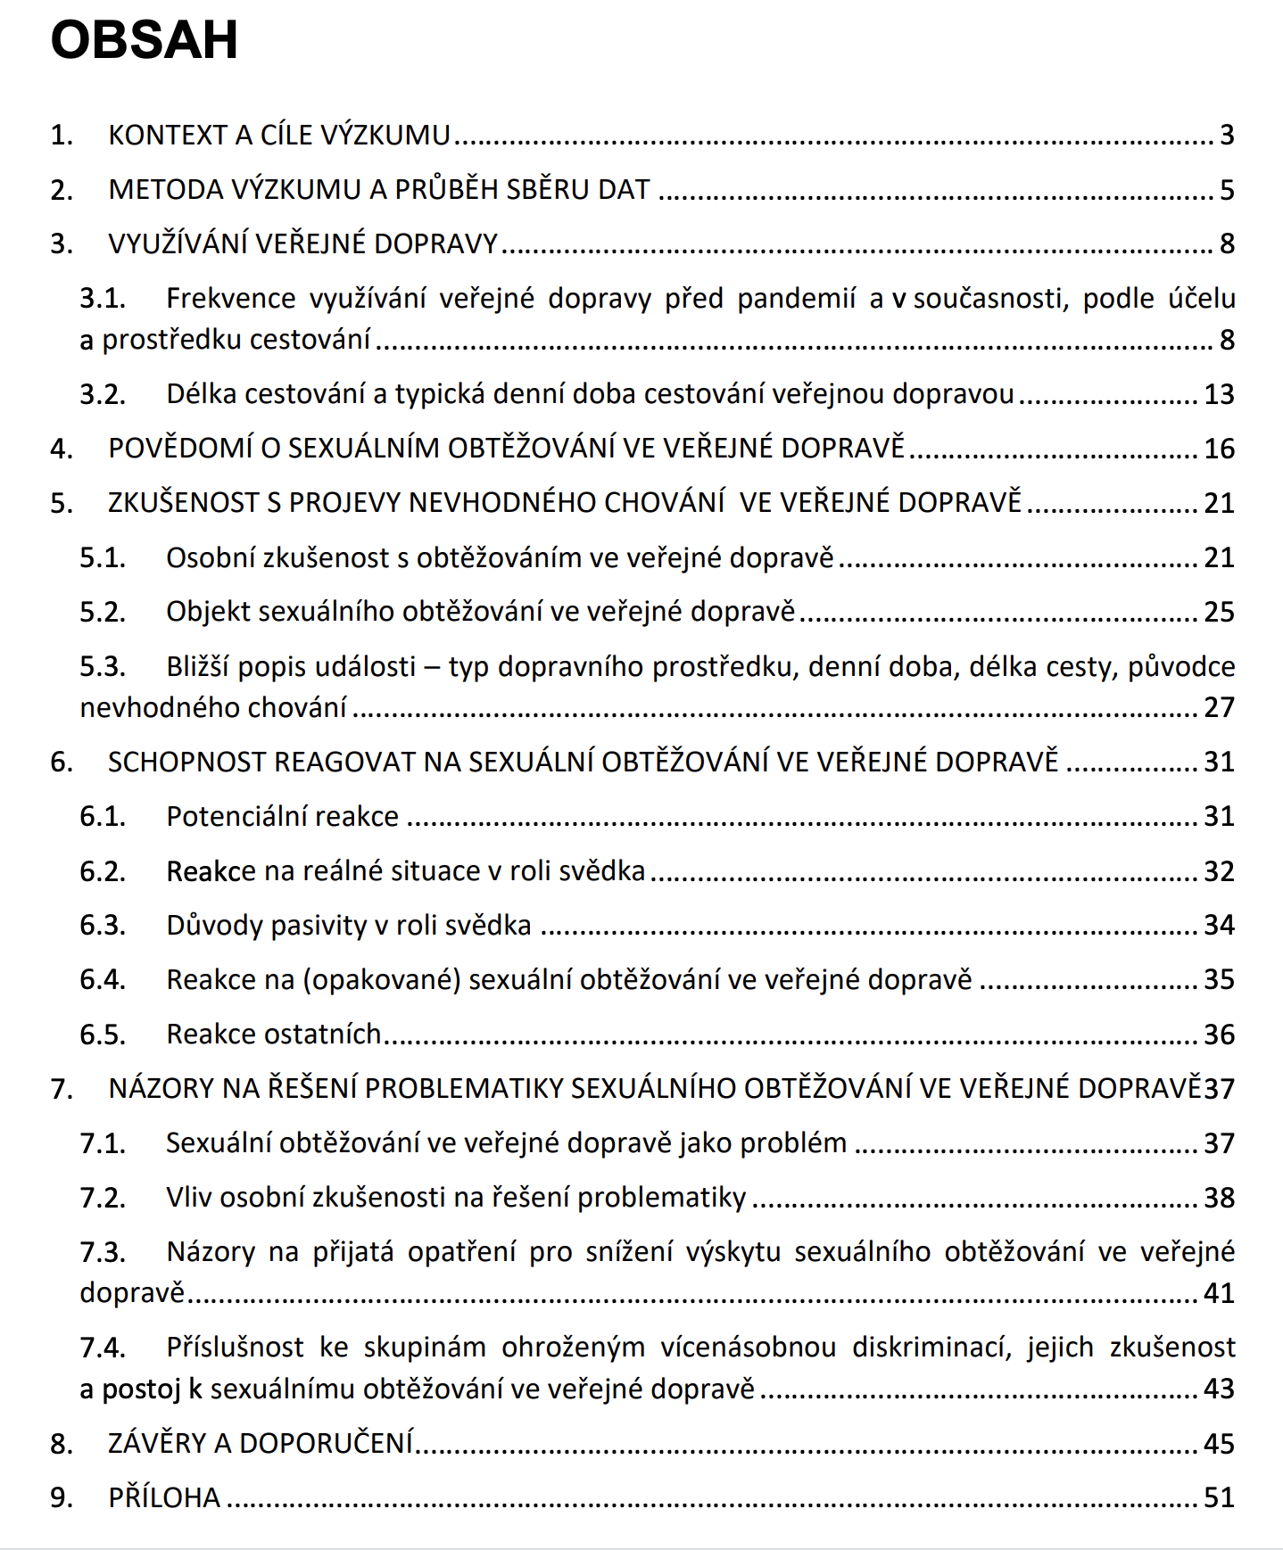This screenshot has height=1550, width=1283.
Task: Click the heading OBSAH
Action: coord(145,40)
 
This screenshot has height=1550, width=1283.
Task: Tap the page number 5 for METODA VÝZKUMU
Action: coord(1227,190)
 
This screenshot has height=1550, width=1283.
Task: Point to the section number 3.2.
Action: coord(103,394)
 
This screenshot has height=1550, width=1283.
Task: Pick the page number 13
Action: coord(1219,394)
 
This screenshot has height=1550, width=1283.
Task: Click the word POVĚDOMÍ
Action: coord(179,449)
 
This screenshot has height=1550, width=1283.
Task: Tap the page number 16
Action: coord(1219,449)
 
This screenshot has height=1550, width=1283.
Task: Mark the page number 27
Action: coord(1219,707)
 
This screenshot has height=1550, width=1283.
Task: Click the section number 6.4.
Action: coord(103,980)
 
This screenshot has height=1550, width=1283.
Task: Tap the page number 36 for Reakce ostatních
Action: coord(1219,1035)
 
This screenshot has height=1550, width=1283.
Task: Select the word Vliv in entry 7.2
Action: coord(188,1198)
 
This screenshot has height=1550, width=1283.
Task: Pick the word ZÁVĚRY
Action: coord(157,1443)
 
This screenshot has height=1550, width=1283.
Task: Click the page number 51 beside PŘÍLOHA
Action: coord(1219,1497)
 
